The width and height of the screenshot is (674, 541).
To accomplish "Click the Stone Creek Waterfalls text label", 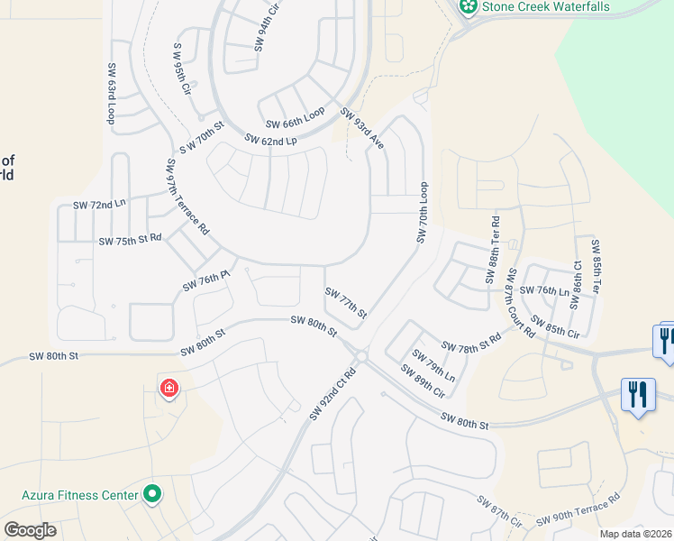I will (x=546, y=7).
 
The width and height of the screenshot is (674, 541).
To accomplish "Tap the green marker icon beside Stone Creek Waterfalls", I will (x=468, y=7).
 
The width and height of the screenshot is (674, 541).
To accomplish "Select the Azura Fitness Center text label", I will (x=80, y=495).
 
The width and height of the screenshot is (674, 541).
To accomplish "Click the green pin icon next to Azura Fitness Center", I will (x=152, y=494).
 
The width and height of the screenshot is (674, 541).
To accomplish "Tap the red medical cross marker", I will (x=168, y=390).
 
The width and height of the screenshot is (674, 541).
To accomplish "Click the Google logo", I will (x=30, y=530).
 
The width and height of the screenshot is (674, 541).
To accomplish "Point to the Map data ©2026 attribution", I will (x=635, y=534).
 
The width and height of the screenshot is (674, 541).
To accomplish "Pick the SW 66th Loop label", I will (x=295, y=119).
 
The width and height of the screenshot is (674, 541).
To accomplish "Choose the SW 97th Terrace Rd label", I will (x=187, y=197).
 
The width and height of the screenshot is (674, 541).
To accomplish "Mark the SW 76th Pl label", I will (x=202, y=281).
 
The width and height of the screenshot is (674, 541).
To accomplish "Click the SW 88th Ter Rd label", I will (x=494, y=250).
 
